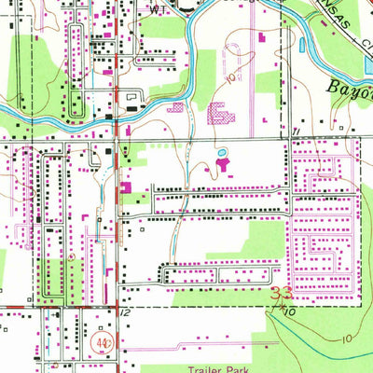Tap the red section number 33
(x=280, y=296)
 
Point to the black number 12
(x=124, y=314)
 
